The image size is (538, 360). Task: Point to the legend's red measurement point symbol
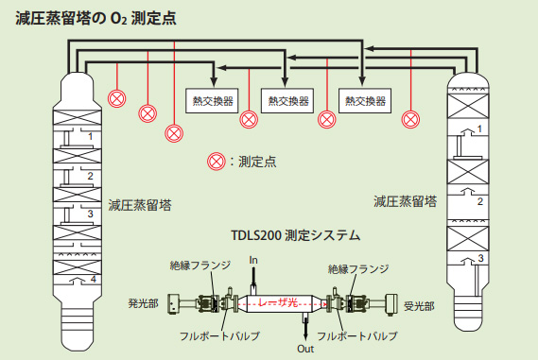216,162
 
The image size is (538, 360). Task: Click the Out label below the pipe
305,349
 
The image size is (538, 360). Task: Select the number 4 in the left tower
93,281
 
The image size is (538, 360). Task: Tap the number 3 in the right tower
480,257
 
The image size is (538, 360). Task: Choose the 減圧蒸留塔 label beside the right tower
405,200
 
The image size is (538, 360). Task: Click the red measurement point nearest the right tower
410,119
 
